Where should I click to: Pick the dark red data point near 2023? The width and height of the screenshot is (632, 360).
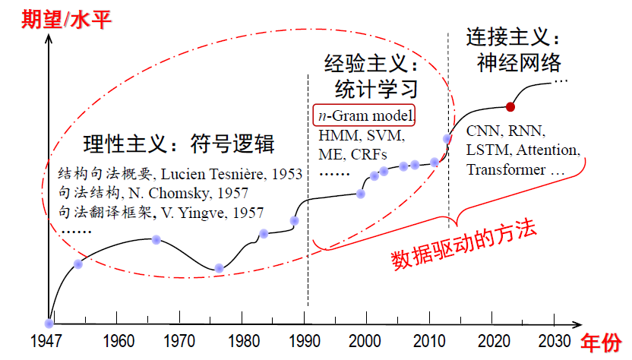click(510, 106)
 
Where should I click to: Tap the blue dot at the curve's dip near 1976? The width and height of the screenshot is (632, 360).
click(219, 267)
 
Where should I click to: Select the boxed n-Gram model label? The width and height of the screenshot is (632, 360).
click(364, 115)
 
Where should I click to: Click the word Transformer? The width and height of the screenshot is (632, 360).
click(506, 169)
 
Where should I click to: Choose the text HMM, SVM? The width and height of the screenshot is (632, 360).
click(360, 136)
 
